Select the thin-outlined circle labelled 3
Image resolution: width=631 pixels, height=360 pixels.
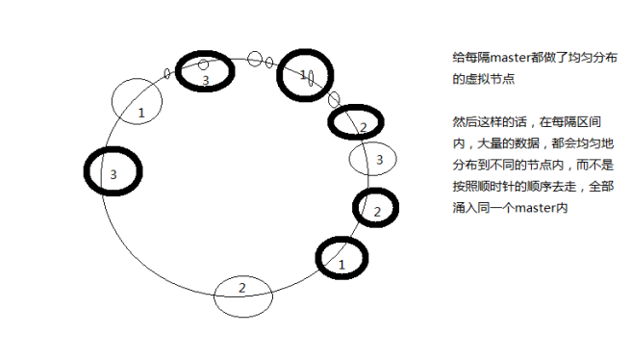(x=373, y=159)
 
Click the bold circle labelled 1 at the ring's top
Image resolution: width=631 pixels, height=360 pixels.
(x=305, y=76)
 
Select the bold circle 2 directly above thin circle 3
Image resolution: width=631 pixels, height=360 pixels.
(x=356, y=122)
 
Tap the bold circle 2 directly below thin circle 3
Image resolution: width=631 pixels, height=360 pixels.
(x=376, y=208)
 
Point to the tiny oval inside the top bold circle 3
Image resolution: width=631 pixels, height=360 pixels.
(x=203, y=64)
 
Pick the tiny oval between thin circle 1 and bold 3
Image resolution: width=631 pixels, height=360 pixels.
(x=167, y=73)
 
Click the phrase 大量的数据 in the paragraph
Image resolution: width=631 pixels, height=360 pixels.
(x=505, y=145)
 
